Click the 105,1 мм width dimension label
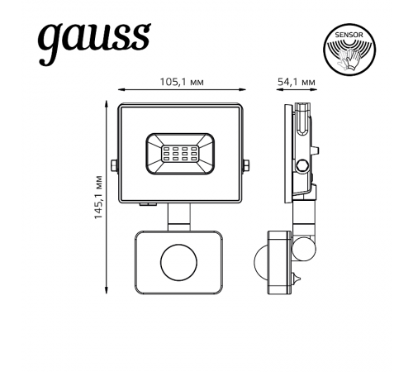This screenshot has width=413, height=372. click(182, 82)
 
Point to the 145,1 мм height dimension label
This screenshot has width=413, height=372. click(97, 196)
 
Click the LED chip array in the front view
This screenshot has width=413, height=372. click(178, 153)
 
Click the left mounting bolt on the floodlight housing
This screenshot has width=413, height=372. click(116, 165)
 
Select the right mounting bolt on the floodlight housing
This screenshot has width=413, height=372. click(245, 165)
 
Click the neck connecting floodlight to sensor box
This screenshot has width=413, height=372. click(178, 218)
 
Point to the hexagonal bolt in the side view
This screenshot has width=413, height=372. click(305, 165)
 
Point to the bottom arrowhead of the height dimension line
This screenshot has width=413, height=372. click(107, 289)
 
